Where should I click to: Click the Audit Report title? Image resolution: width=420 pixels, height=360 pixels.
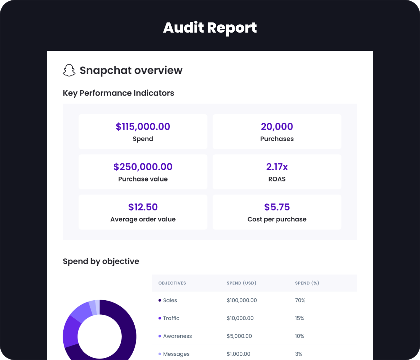pyautogui.click(x=210, y=28)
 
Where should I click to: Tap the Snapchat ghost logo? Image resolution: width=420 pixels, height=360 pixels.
pyautogui.click(x=69, y=70)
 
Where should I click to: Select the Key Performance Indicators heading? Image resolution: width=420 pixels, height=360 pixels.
pyautogui.click(x=118, y=93)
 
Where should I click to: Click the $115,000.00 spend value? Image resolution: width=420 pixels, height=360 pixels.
pyautogui.click(x=143, y=126)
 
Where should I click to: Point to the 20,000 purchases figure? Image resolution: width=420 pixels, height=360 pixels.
pyautogui.click(x=277, y=126)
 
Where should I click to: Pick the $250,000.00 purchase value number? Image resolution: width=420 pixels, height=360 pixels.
pyautogui.click(x=143, y=167)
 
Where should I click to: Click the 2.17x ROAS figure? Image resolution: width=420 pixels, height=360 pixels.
pyautogui.click(x=277, y=167)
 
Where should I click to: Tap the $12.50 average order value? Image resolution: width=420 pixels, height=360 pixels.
pyautogui.click(x=143, y=207)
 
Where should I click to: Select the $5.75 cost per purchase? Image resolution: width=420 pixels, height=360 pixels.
pyautogui.click(x=277, y=207)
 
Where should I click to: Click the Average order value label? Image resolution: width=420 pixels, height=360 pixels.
pyautogui.click(x=143, y=219)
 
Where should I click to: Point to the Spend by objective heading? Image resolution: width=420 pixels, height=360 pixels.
pyautogui.click(x=101, y=261)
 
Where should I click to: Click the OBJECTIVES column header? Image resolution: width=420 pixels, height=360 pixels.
pyautogui.click(x=172, y=283)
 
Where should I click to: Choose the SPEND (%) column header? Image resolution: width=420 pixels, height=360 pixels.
pyautogui.click(x=307, y=283)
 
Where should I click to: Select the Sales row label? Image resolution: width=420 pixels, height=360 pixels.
pyautogui.click(x=170, y=300)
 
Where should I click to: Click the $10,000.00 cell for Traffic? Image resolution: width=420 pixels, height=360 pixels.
pyautogui.click(x=240, y=318)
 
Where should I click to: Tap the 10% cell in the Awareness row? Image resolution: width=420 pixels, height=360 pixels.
pyautogui.click(x=299, y=336)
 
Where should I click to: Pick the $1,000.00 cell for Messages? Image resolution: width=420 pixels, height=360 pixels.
pyautogui.click(x=238, y=354)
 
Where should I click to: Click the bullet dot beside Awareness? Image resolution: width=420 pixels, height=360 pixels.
pyautogui.click(x=160, y=336)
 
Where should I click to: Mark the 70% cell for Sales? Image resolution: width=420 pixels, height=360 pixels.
pyautogui.click(x=300, y=300)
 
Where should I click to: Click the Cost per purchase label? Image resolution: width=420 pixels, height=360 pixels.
pyautogui.click(x=277, y=219)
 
